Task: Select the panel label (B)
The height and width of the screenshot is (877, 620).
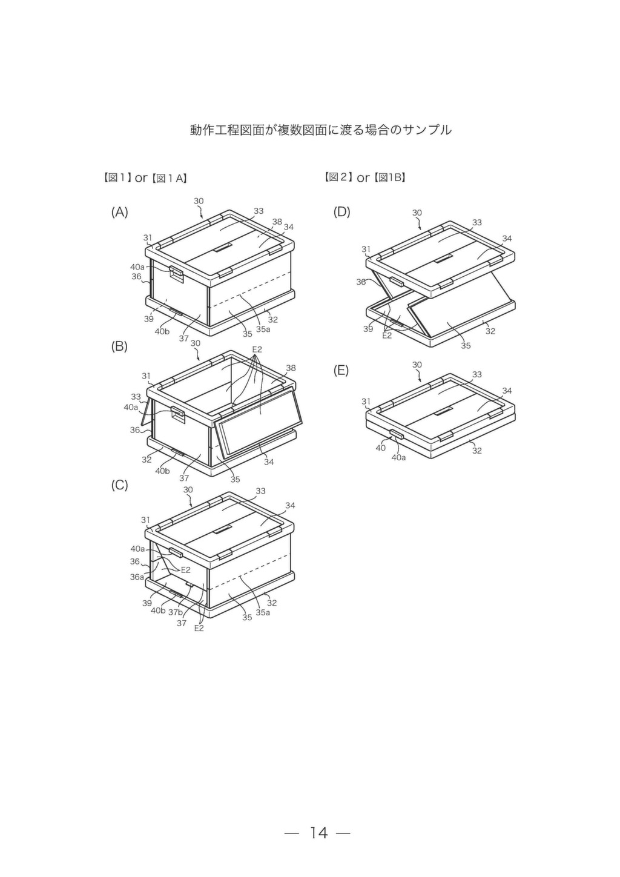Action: (120, 346)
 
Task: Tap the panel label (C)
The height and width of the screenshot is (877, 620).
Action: (120, 486)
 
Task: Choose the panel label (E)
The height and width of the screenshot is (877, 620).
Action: (341, 371)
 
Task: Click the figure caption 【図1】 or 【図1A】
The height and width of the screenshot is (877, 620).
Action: (144, 178)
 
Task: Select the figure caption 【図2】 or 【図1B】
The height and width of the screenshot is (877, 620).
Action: (365, 177)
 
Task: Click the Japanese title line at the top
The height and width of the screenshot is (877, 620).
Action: (321, 130)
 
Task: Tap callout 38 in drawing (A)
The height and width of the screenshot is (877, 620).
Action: (277, 222)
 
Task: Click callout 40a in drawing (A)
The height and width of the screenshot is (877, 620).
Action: (137, 267)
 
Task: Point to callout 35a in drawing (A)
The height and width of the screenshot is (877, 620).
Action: (263, 329)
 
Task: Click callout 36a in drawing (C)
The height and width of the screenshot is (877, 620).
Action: (137, 577)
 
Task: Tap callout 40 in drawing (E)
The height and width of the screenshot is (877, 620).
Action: (380, 448)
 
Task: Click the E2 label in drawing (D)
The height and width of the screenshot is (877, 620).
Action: (387, 336)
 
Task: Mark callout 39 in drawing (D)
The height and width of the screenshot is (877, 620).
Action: (368, 329)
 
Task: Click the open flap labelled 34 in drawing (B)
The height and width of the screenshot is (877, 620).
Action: (259, 423)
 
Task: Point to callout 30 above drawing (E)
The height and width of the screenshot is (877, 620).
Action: (417, 365)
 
